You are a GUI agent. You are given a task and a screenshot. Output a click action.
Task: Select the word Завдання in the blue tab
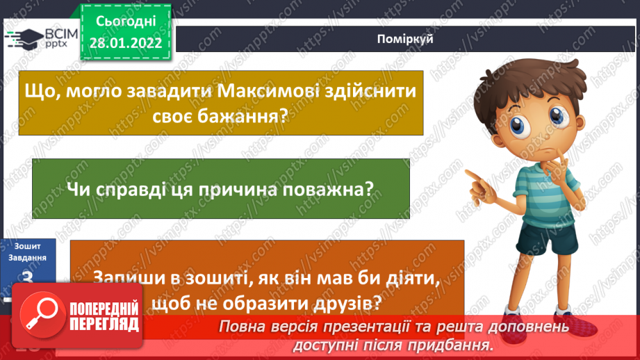click(28, 256)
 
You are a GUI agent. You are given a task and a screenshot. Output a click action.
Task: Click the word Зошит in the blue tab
click(28, 246)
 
